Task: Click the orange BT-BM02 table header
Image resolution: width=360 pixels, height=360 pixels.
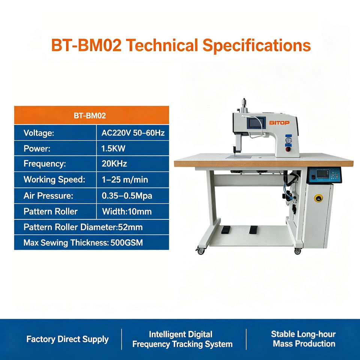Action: [x=91, y=115]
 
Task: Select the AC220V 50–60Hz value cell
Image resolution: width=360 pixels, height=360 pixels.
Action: [x=133, y=133]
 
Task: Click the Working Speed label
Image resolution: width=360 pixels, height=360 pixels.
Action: [x=54, y=180]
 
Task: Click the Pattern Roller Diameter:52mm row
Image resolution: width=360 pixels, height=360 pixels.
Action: [x=91, y=227]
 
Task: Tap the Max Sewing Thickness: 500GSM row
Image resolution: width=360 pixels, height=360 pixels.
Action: [x=91, y=243]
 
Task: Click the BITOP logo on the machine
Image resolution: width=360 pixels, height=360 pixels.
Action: [x=279, y=123]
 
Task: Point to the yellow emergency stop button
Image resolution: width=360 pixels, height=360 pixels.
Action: [x=318, y=198]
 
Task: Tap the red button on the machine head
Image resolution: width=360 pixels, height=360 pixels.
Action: [x=288, y=149]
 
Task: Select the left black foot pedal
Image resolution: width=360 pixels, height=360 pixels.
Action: [x=226, y=229]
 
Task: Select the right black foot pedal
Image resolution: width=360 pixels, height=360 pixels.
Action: [x=253, y=229]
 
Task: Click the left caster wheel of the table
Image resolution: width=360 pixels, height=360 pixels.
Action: [x=200, y=251]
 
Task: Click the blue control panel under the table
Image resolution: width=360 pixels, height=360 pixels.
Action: [x=324, y=175]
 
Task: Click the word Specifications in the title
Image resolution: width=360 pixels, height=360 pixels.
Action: [x=256, y=45]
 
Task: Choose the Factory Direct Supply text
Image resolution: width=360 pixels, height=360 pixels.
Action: [x=67, y=339]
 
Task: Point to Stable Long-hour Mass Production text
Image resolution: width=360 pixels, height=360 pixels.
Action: [x=303, y=339]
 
